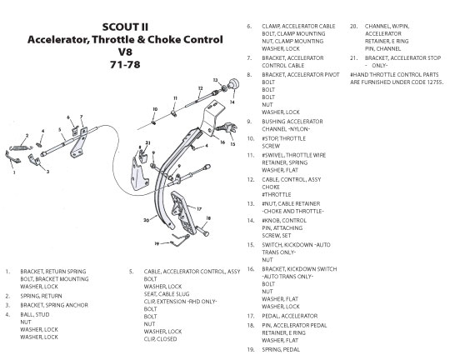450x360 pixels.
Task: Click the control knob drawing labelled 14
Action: [233, 84]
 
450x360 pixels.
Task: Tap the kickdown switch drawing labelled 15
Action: [227, 127]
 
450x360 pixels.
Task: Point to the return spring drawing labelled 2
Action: [20, 148]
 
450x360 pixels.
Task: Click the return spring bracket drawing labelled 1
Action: [12, 157]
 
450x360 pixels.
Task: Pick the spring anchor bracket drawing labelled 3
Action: [34, 160]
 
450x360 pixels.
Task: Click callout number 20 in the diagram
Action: [147, 220]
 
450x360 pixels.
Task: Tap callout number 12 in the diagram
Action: [200, 88]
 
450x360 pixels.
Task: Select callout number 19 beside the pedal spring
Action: [157, 243]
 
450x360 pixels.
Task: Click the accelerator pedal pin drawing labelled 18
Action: [202, 231]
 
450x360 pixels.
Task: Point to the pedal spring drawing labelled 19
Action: [181, 240]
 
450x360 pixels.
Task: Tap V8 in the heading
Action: [125, 52]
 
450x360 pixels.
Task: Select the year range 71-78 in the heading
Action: [125, 65]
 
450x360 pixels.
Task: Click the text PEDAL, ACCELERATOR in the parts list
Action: [289, 316]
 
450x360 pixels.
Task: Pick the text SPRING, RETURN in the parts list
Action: [41, 296]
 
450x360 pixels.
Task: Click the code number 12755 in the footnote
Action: [434, 82]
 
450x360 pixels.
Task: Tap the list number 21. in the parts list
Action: [353, 58]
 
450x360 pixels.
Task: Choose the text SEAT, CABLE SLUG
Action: [167, 294]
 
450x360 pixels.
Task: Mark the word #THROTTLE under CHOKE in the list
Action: [277, 194]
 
